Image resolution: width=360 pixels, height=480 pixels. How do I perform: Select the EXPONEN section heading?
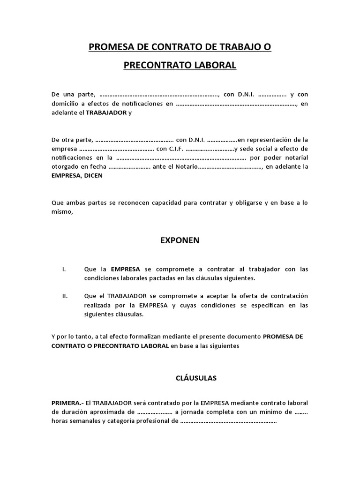(180, 240)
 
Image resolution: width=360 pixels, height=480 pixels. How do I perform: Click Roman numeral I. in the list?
(64, 270)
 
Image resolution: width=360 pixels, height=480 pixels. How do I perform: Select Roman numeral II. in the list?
(65, 296)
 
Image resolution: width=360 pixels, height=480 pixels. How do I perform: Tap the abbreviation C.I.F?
(176, 149)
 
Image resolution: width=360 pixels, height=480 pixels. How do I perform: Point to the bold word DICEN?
(93, 176)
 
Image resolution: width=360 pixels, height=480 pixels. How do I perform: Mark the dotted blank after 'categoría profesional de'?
(228, 421)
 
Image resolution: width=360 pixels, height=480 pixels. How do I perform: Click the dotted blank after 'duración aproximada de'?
(154, 412)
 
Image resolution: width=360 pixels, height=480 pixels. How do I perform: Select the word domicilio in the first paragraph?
(66, 104)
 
